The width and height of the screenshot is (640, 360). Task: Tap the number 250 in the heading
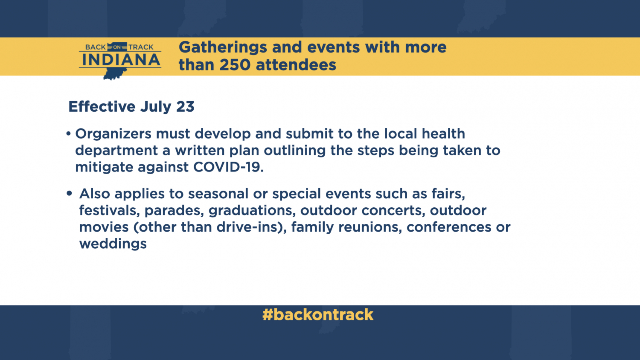coord(235,65)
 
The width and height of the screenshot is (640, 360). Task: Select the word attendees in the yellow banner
coord(296,65)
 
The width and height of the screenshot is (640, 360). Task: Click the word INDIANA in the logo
coord(120,60)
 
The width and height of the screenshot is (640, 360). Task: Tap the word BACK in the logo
coord(96,47)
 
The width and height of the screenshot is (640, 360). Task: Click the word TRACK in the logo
coord(141,47)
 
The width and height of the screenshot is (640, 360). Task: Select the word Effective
coord(102,107)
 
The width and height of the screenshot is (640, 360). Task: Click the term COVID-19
coord(228,167)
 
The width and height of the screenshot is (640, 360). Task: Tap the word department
coord(116,151)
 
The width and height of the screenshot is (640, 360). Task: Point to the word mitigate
coord(104,168)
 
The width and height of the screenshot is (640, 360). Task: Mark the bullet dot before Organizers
coord(68,134)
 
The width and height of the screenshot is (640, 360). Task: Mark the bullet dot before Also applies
coord(69,193)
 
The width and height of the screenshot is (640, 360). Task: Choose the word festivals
coord(109,211)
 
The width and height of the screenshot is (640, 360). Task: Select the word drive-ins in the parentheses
coord(247,227)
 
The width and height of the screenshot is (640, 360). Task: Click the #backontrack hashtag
coord(318,315)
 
